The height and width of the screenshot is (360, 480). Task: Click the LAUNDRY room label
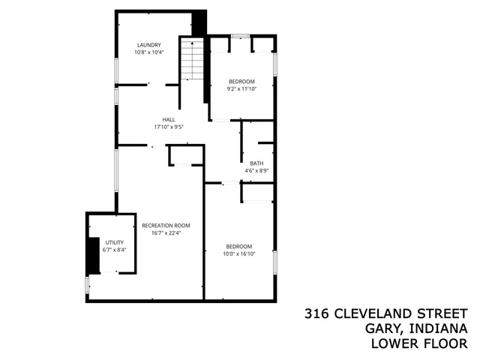[148, 45]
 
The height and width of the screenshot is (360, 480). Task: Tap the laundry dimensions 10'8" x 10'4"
[148, 52]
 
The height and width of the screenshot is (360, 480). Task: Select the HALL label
[169, 119]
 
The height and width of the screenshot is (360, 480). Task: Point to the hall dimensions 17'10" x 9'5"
[169, 127]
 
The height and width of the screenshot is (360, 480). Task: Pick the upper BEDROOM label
[241, 82]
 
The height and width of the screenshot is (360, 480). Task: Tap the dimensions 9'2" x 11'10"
[241, 89]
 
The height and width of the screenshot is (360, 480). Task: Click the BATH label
[256, 163]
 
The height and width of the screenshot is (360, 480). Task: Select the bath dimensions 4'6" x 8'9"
[256, 170]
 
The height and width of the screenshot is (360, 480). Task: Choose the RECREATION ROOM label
[166, 225]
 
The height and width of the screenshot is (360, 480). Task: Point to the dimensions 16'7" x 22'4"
[166, 232]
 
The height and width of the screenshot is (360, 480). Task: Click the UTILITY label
[114, 242]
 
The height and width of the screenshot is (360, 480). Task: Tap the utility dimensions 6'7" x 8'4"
[114, 250]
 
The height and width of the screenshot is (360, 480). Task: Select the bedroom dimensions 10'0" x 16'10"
[239, 253]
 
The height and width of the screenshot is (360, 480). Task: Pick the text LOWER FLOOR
[420, 344]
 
